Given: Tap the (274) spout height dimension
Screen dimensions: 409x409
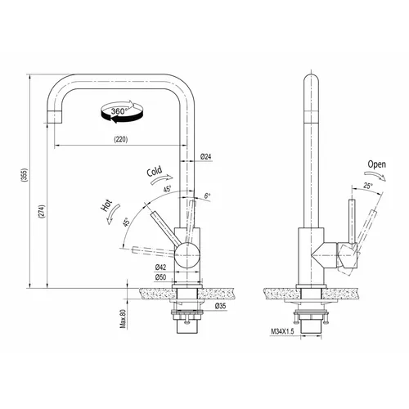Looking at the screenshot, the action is click(42, 212).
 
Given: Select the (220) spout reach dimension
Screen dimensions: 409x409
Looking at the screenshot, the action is click(120, 139).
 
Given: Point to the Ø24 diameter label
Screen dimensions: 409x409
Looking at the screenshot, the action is click(205, 156).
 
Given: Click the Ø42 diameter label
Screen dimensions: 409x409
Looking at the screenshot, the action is click(160, 267).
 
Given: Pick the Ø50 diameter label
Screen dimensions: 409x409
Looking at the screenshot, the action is click(160, 277).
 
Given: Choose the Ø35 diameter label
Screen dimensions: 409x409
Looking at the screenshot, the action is click(220, 306).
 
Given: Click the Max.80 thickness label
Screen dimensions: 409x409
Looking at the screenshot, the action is click(124, 319).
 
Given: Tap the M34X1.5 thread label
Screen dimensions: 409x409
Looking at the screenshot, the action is click(282, 331).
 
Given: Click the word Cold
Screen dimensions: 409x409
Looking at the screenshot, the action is click(155, 171).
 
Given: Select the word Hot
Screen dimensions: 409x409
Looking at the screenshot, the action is click(106, 205).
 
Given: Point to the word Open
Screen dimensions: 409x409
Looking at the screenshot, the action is click(377, 164).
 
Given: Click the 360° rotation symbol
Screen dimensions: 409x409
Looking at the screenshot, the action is click(122, 111).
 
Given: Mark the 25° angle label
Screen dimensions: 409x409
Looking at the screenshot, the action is click(368, 186).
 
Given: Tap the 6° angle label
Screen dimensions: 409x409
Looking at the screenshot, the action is click(208, 196).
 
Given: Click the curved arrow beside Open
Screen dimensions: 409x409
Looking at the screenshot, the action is click(375, 174).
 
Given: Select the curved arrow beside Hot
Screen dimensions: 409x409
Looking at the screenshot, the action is click(114, 214).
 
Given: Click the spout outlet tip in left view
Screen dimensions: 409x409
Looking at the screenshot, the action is click(54, 123).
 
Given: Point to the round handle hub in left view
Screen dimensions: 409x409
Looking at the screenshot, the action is click(187, 255).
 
